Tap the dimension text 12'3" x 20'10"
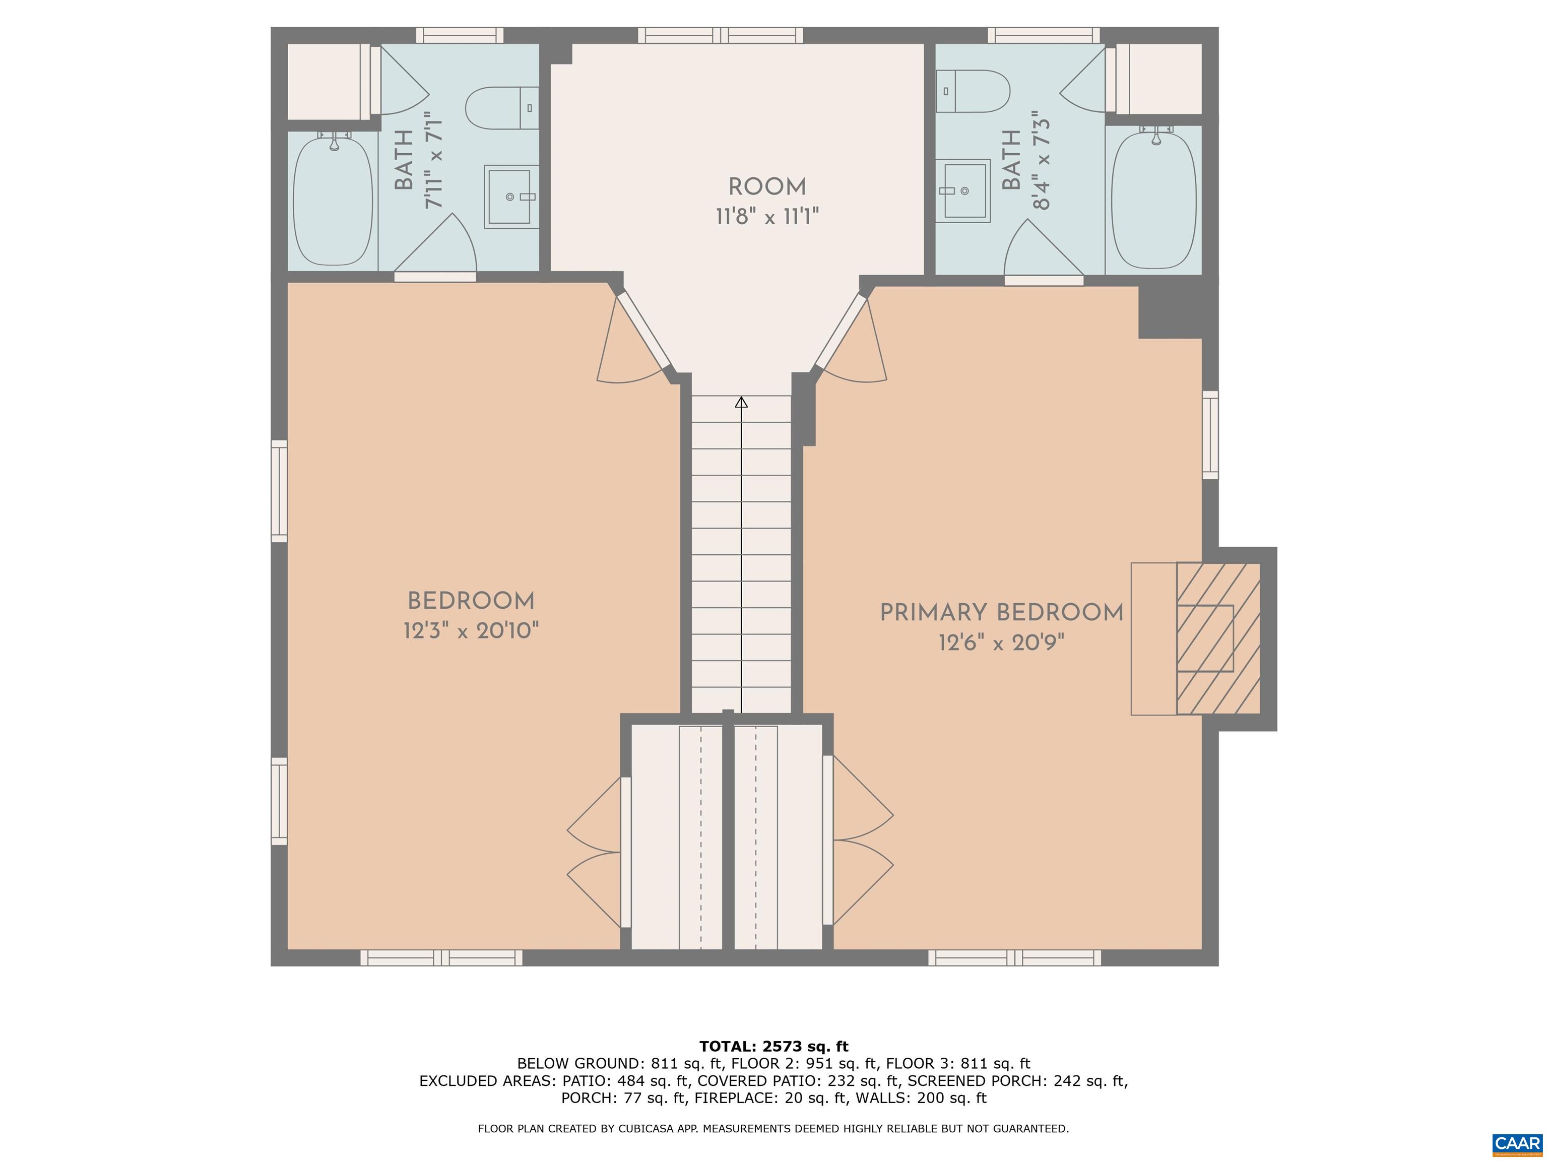coord(471,631)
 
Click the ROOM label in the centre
coord(767,187)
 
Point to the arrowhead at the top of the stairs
coord(741,403)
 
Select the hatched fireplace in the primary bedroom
coord(1217,638)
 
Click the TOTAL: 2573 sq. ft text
coord(773,1046)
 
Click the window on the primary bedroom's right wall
coord(1210,434)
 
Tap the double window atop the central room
coord(720,35)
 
